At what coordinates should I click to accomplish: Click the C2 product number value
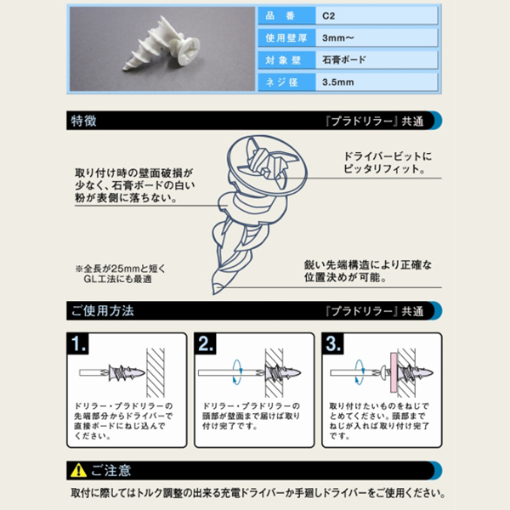coord(328,16)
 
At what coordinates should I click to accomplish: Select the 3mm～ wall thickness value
coord(338,38)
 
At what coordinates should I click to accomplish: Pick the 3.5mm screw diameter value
coord(338,82)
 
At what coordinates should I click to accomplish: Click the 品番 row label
coord(280,15)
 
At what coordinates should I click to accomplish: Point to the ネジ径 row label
coord(281,82)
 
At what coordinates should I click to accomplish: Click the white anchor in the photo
coord(161,43)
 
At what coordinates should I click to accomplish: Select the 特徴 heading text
coord(83,121)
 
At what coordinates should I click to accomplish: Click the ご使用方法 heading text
coord(102,311)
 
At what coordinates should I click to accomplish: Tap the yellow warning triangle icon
coord(78,470)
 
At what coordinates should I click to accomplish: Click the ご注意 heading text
coord(110,470)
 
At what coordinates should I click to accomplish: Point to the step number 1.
coord(78,343)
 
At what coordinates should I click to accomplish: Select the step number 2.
coord(206,343)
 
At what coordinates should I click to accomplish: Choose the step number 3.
coord(333,343)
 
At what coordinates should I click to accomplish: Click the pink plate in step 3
coord(394,373)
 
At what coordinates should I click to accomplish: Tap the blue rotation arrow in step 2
coord(237,372)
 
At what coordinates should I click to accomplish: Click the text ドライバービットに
coord(388,156)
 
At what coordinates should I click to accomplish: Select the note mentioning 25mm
coord(120,274)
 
